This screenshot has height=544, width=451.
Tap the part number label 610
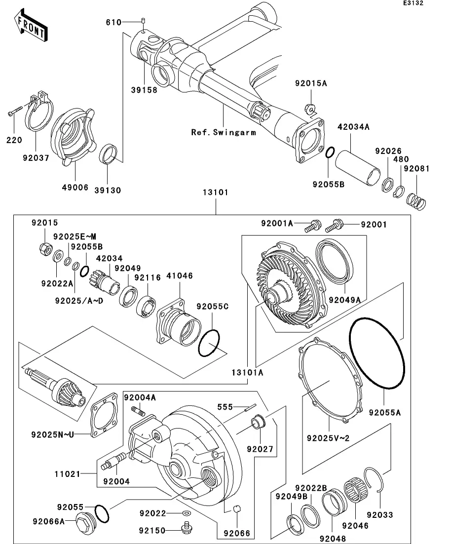coord(114,23)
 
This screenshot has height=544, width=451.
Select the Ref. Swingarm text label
coord(224,132)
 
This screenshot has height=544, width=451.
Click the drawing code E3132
coord(413,3)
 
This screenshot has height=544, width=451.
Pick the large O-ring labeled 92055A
coord(376,353)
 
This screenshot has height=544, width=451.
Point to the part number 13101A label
coord(248,372)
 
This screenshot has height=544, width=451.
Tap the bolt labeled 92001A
coord(313,226)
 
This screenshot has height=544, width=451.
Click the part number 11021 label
coord(68,473)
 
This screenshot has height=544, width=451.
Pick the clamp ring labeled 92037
coord(39,111)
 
